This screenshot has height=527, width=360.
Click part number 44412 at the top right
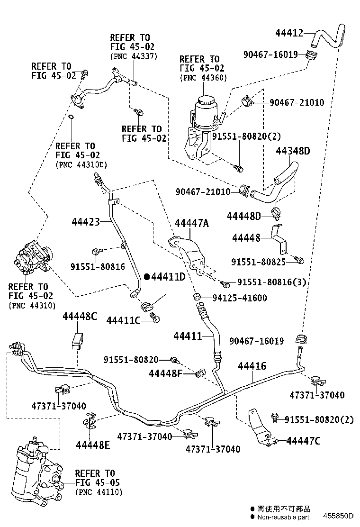[289, 33]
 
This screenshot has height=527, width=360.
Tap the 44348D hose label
[293, 151]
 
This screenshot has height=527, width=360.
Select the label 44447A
[192, 223]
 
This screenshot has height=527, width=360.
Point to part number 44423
[86, 222]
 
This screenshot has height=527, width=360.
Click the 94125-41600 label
[240, 298]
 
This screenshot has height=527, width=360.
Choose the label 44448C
[80, 316]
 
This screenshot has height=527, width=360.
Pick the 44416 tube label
[252, 366]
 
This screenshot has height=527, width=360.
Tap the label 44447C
[303, 441]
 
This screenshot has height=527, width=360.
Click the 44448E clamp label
[93, 445]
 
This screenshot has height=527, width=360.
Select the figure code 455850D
[339, 516]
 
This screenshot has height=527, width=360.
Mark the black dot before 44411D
[146, 277]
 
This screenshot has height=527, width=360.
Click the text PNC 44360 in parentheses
[204, 78]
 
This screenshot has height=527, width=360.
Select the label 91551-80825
[258, 262]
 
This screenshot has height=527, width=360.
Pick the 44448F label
[166, 373]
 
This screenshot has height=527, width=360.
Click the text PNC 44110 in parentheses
[99, 492]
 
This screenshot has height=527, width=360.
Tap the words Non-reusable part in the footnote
[283, 517]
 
